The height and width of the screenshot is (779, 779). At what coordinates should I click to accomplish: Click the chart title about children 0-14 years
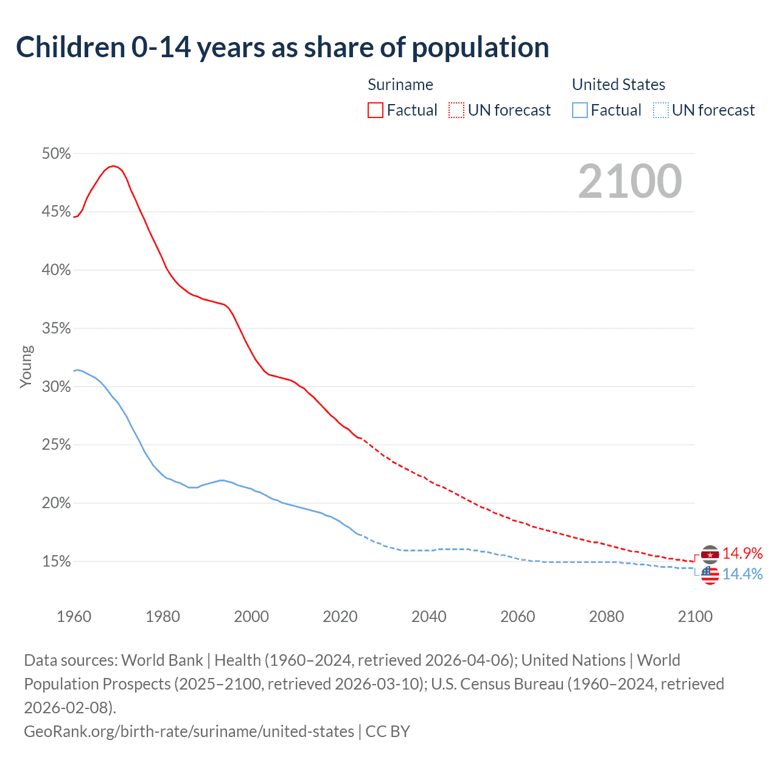click(282, 47)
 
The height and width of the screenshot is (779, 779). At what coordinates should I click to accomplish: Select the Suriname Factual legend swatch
click(376, 110)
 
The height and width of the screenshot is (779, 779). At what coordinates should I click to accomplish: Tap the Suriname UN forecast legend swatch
click(456, 110)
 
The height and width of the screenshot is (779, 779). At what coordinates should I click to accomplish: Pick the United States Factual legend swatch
click(580, 110)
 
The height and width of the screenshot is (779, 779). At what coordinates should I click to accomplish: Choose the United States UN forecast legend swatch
click(661, 110)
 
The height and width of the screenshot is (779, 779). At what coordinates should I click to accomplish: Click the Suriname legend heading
click(400, 85)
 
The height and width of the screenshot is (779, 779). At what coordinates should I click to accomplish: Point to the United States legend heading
click(618, 85)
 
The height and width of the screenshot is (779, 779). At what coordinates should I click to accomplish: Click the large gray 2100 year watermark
click(630, 181)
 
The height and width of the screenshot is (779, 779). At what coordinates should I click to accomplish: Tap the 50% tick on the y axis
click(56, 154)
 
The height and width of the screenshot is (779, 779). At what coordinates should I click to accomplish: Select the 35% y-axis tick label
click(56, 329)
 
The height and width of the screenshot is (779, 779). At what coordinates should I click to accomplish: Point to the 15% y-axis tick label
click(56, 562)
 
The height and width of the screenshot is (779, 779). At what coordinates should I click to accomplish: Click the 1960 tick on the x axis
click(74, 617)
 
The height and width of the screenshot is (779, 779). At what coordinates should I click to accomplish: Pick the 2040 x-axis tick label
click(428, 617)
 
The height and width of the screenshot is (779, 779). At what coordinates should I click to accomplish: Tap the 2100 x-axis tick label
click(695, 617)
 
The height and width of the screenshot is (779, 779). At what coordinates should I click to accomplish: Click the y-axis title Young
click(26, 366)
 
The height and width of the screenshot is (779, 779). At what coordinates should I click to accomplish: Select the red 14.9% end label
click(742, 553)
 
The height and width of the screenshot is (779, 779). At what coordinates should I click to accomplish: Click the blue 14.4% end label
click(742, 574)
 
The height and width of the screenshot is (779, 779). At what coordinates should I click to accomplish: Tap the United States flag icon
click(710, 575)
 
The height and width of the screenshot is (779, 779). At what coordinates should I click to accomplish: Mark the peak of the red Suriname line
click(113, 166)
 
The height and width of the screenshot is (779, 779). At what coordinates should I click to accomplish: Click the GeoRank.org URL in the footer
click(189, 731)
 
